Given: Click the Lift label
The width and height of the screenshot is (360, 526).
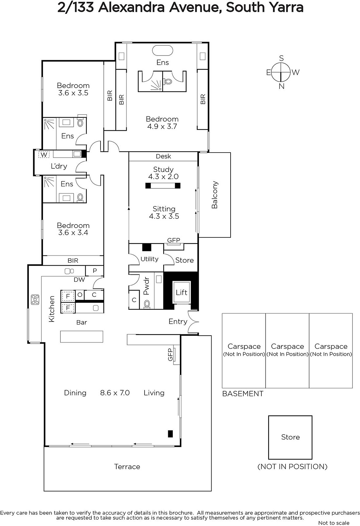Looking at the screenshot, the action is click(181, 292).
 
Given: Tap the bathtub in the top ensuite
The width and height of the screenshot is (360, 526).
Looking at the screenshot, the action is click(163, 50).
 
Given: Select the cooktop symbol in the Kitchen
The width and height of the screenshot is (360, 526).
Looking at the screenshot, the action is click(35, 299).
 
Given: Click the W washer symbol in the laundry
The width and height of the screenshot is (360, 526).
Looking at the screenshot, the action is click(44, 155).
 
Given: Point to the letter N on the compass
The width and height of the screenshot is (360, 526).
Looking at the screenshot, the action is click(281, 86).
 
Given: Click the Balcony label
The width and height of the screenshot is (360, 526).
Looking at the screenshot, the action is click(214, 195).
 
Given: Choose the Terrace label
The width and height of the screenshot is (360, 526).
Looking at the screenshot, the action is click(127, 466).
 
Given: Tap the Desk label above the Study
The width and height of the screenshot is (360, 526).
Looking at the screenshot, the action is click(163, 156).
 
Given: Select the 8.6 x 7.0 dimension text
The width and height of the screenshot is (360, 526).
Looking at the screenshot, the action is click(115, 393).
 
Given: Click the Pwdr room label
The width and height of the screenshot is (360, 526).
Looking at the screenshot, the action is click(146, 286).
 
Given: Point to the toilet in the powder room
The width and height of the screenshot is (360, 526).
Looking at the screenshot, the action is click(147, 304).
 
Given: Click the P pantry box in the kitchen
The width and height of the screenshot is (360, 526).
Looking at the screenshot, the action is click(94, 271).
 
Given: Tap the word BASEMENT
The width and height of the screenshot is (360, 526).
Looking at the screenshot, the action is click(243, 394).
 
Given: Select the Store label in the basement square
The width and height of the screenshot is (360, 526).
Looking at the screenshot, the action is click(290, 437).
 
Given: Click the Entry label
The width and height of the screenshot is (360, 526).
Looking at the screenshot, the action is click(178, 322).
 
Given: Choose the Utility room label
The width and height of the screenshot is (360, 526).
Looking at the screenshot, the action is click(149, 259).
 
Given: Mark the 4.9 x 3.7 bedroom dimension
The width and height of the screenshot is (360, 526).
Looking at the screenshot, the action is click(162, 126).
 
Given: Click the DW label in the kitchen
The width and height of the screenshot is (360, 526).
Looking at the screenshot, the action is click(79, 279).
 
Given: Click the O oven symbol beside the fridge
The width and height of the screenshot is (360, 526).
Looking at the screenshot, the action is click(80, 295).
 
